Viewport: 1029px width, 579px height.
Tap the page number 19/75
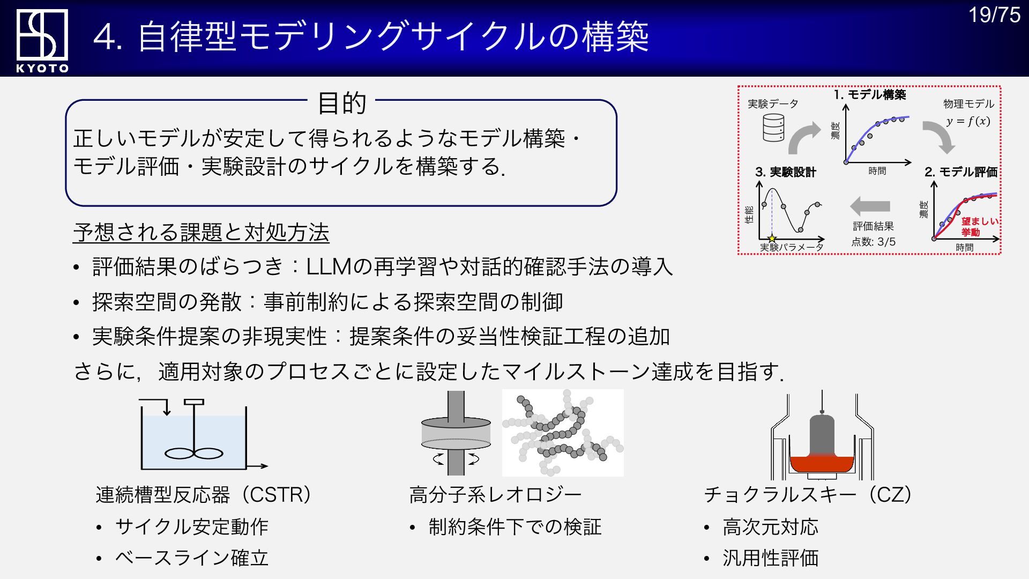pos(994,15)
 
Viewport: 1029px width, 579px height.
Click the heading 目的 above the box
pos(341,103)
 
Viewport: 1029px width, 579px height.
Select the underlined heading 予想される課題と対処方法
pos(201,233)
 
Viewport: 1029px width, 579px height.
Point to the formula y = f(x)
pos(967,121)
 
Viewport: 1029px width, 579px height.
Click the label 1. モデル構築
pos(869,95)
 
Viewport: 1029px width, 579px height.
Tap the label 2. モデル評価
pos(960,172)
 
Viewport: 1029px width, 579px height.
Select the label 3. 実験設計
pos(785,172)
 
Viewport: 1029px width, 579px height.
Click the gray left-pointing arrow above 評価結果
pos(870,206)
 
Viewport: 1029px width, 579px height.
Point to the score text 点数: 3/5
pos(873,242)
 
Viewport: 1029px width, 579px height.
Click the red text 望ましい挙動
pos(979,226)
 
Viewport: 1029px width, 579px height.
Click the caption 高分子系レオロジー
pos(495,495)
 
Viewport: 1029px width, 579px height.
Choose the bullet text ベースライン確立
pos(191,558)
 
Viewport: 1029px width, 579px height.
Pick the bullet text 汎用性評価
pos(770,558)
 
